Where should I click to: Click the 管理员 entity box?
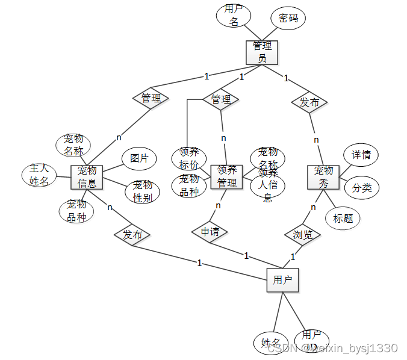click(x=262, y=52)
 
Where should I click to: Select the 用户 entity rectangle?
click(x=282, y=280)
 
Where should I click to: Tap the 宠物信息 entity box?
click(x=87, y=177)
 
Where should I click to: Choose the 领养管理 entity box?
click(x=226, y=176)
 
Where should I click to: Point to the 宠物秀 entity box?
click(x=323, y=177)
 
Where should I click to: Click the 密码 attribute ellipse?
click(x=288, y=18)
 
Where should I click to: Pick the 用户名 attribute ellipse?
click(x=234, y=16)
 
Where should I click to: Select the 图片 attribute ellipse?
click(x=139, y=158)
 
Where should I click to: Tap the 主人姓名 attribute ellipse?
click(x=39, y=175)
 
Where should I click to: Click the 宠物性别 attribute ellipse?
click(x=143, y=191)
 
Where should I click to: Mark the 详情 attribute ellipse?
click(x=361, y=155)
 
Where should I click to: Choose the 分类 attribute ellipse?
click(x=361, y=187)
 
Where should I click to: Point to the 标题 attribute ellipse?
click(x=343, y=218)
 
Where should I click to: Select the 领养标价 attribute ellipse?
click(x=189, y=158)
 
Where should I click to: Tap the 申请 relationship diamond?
click(x=210, y=231)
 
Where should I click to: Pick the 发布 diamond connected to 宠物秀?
click(x=309, y=102)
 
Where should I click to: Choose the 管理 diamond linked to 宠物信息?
click(x=151, y=98)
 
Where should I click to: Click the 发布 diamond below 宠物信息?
click(x=132, y=235)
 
